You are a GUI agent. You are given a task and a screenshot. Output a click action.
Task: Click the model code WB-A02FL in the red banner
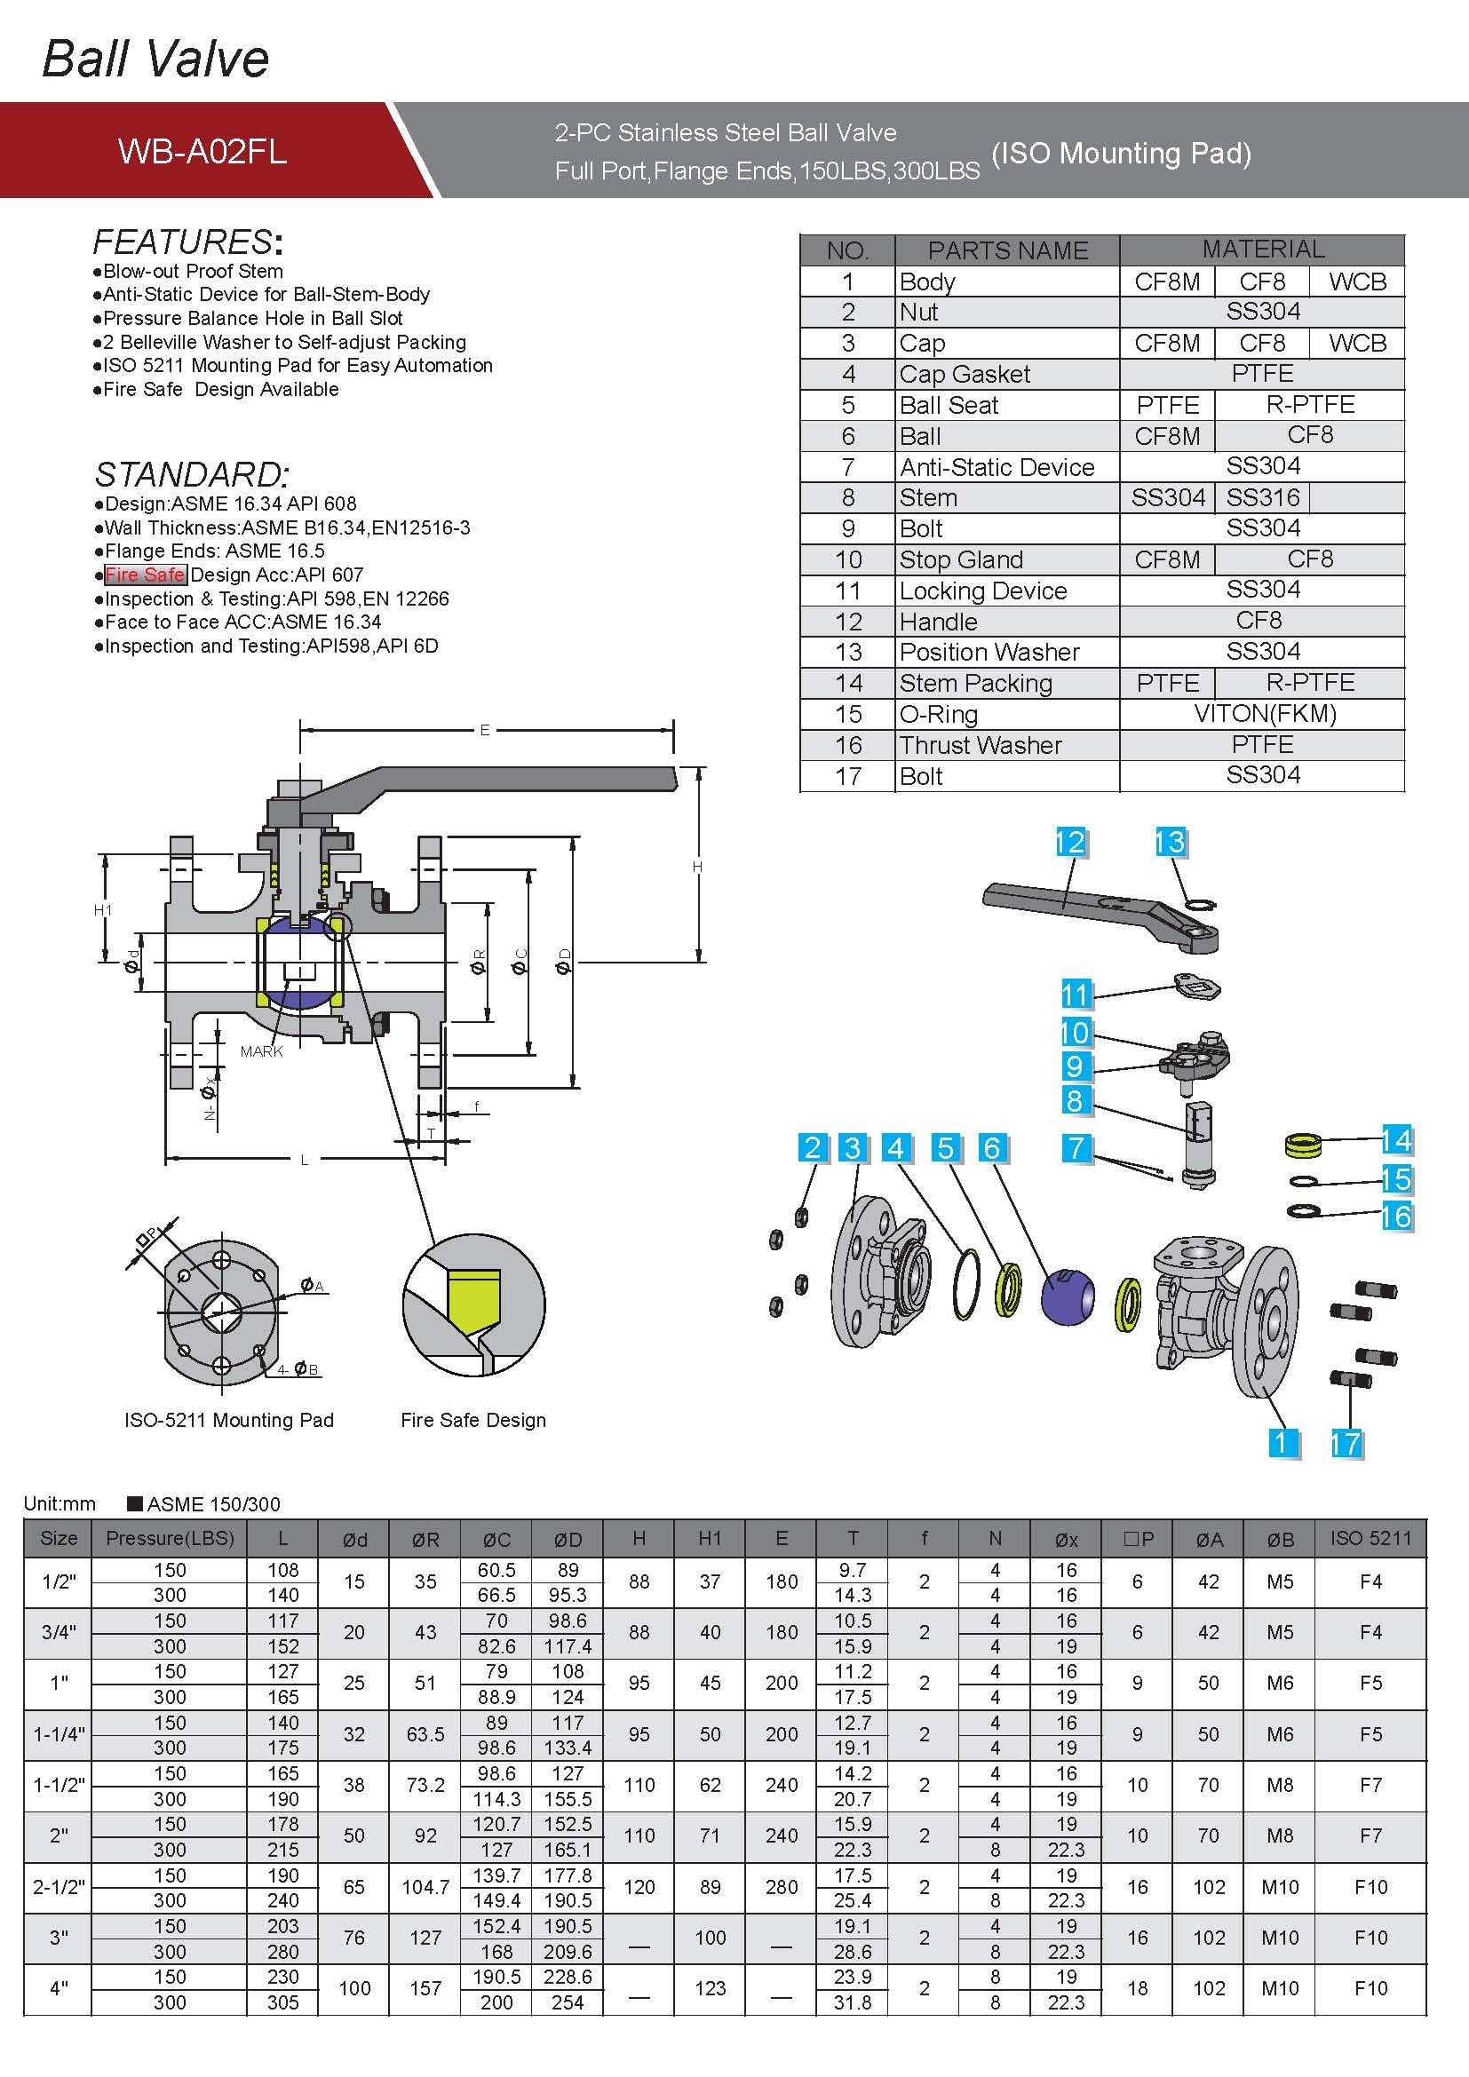tap(202, 151)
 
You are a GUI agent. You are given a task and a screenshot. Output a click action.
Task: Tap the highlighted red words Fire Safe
tap(145, 575)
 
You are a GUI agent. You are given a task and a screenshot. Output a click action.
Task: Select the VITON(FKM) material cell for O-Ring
tap(1264, 714)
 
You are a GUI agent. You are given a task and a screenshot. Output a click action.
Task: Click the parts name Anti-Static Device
tap(996, 467)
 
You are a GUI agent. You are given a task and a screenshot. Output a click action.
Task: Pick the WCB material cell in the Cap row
tap(1357, 343)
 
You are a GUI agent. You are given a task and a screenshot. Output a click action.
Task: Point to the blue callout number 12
tap(1070, 842)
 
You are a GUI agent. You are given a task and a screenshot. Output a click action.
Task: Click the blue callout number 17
tap(1345, 1443)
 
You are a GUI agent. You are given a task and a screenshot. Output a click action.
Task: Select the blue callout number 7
tap(1076, 1148)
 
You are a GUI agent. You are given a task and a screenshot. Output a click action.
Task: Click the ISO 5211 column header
tap(1370, 1539)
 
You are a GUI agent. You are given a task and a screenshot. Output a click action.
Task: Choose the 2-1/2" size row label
tap(59, 1887)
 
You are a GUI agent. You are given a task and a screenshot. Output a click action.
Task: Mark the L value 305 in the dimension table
tap(283, 2002)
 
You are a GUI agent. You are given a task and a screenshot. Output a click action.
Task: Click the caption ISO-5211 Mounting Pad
tap(229, 1420)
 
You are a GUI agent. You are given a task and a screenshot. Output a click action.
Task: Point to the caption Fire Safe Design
tap(473, 1420)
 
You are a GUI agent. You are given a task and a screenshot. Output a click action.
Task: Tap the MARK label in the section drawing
tap(261, 1051)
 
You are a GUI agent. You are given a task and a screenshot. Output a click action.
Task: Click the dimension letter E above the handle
tap(485, 730)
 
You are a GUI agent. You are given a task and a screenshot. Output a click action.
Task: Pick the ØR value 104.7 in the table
tap(425, 1887)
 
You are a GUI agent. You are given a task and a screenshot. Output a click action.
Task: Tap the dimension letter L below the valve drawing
tap(304, 1160)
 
